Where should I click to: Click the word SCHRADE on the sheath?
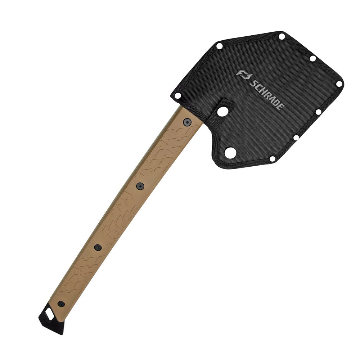[x=267, y=95]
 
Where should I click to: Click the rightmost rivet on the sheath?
[x=339, y=84]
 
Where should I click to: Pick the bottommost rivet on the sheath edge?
[x=272, y=159]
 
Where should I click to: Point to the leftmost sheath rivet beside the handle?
[x=177, y=95]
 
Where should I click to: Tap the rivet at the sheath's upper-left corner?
[x=219, y=46]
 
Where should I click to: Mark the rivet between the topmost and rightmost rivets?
[x=312, y=59]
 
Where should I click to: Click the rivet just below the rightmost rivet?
[x=318, y=112]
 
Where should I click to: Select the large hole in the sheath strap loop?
[x=222, y=112]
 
